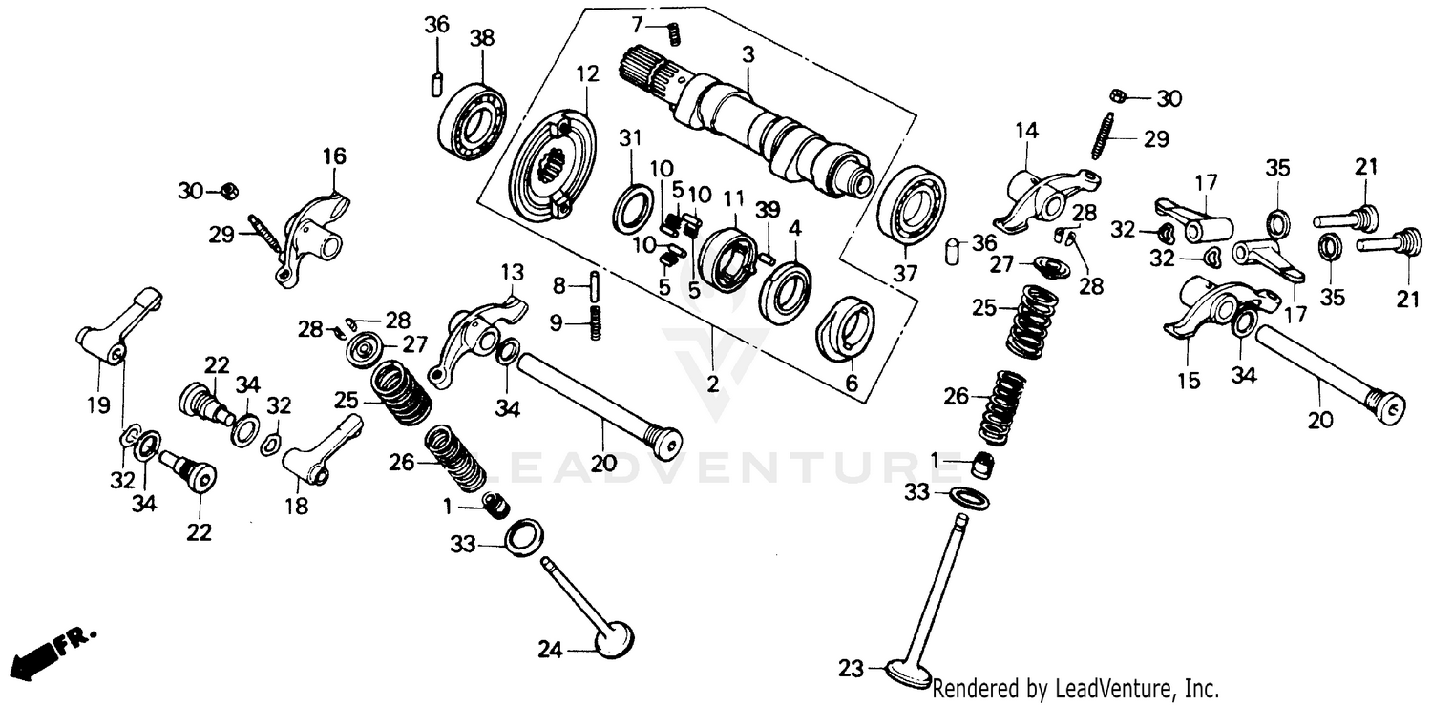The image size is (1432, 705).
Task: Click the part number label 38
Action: click(482, 39)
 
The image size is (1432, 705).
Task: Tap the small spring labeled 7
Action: click(673, 32)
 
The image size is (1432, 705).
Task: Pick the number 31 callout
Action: click(628, 139)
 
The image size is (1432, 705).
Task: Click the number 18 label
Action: click(297, 508)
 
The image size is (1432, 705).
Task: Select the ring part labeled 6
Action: click(846, 330)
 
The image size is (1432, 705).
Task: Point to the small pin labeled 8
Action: click(594, 284)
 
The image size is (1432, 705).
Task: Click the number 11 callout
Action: click(732, 199)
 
